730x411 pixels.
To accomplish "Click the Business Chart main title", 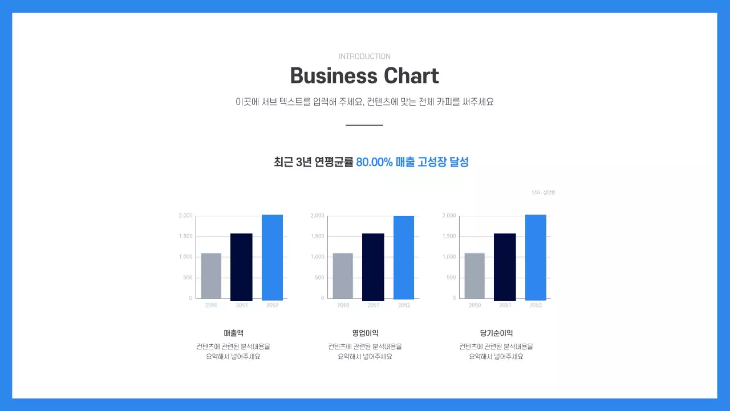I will pos(364,76).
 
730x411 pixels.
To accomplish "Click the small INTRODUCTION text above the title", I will pos(364,57).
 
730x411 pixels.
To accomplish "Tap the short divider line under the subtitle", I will pos(364,125).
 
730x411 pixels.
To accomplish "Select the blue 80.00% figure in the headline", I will pos(374,162).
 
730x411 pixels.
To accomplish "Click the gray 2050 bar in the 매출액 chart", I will pos(211,276).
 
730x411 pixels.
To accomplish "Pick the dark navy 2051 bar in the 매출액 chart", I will pos(241,267).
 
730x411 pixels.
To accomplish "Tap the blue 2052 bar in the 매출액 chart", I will pos(272,257).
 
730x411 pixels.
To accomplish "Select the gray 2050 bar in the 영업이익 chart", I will pos(343,276).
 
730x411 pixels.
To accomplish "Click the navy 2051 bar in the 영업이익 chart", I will pos(373,267).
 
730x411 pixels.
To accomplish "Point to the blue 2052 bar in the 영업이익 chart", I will pos(404,257).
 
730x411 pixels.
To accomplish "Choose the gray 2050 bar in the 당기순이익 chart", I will pos(474,276).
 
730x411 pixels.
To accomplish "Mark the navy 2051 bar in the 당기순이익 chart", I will pos(505,267).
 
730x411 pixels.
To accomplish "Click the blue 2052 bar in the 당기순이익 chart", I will pos(536,257).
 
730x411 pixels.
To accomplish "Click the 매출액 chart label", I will pos(233,333).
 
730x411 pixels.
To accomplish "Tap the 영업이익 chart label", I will pos(365,333).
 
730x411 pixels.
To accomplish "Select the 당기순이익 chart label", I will pos(496,333).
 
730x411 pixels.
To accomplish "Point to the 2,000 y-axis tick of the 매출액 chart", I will pos(185,216).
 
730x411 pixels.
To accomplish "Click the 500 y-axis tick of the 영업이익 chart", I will pos(319,277).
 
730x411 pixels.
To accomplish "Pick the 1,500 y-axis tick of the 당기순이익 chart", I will pos(449,236).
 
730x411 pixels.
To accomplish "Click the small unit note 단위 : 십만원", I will pos(543,192).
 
